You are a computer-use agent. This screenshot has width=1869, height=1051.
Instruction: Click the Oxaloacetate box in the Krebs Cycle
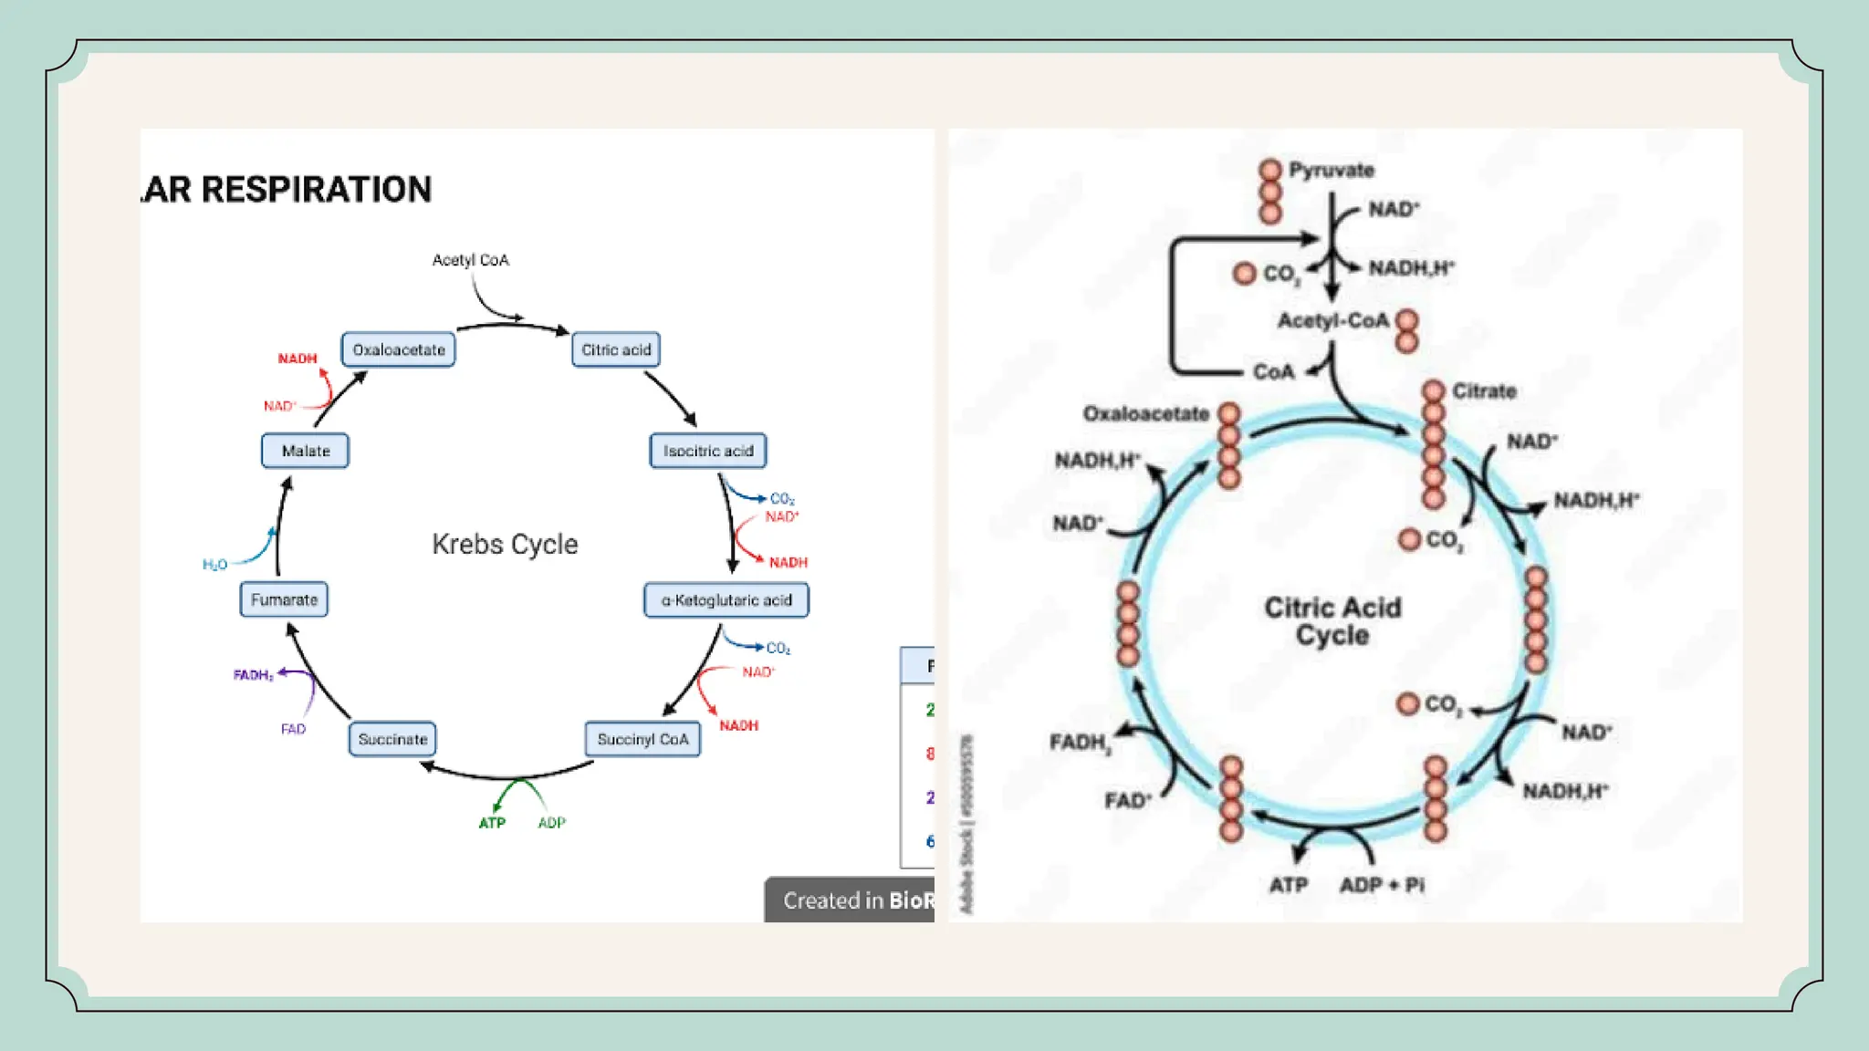point(399,349)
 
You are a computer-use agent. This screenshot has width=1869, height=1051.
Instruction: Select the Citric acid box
point(616,349)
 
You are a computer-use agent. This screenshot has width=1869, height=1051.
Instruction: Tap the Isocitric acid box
point(708,451)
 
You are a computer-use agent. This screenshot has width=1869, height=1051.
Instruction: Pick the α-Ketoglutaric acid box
point(726,600)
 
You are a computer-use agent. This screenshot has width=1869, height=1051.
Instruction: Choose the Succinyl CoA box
point(642,739)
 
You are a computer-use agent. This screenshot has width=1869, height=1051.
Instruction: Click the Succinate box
point(392,739)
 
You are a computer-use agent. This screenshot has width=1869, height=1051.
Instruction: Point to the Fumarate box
point(284,599)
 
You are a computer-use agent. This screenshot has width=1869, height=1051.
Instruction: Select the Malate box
point(305,451)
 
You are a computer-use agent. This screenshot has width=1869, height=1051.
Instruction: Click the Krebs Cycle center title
point(505,544)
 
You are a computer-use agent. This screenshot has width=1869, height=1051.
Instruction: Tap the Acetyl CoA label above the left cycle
point(470,260)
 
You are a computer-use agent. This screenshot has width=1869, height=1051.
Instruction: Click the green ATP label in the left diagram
point(492,823)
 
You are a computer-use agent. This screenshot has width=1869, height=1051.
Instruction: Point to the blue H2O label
point(214,565)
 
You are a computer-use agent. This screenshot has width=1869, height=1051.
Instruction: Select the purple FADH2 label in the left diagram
point(253,675)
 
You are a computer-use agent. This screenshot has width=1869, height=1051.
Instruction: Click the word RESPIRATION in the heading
point(316,190)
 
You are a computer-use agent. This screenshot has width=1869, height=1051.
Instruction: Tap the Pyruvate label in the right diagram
point(1331,170)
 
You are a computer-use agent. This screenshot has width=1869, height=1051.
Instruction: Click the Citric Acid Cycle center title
point(1332,621)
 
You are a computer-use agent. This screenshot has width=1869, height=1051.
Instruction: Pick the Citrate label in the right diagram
point(1484,391)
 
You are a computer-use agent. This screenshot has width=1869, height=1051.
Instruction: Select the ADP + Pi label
point(1382,885)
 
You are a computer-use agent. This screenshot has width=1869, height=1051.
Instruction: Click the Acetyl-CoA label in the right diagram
point(1332,321)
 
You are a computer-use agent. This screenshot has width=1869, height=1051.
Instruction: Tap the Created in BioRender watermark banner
point(852,900)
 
